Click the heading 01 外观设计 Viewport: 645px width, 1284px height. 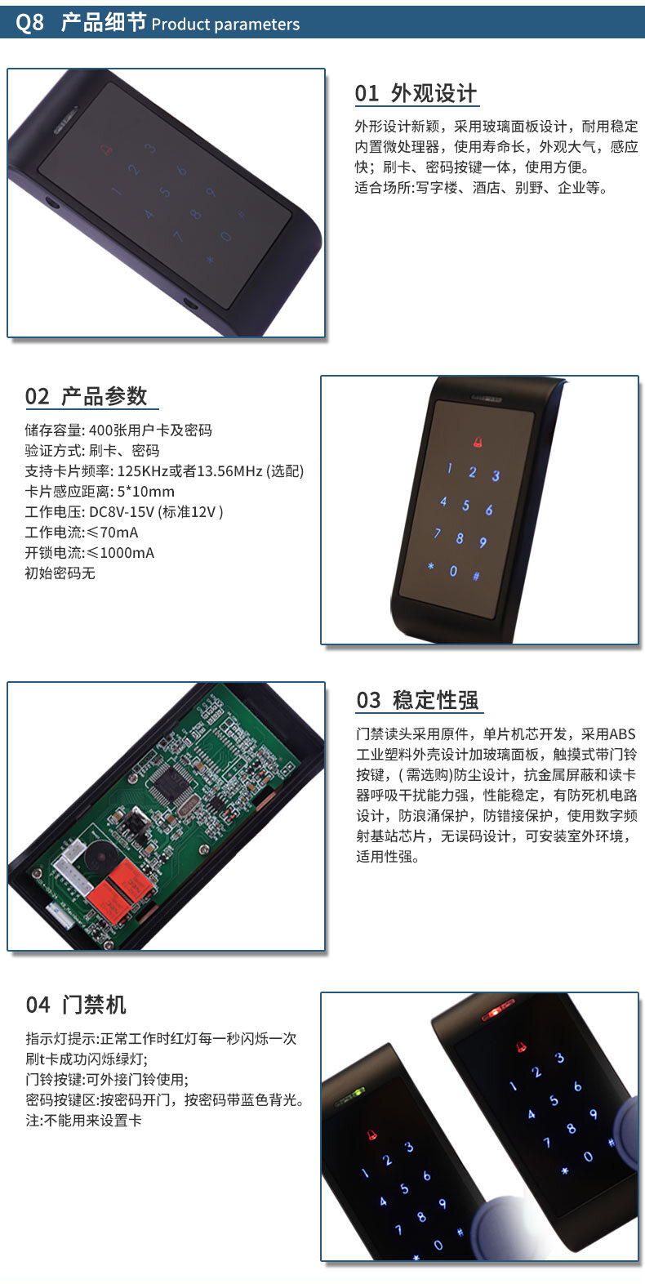(416, 93)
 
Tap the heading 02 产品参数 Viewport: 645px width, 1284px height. (86, 396)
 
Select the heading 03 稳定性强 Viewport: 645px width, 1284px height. (417, 700)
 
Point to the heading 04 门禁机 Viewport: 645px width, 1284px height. (76, 1005)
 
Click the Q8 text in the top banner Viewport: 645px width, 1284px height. (29, 23)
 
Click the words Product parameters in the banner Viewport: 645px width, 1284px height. (225, 24)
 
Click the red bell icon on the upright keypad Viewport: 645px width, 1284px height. (478, 442)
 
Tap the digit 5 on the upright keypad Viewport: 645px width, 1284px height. (465, 505)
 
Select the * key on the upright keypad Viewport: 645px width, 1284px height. (431, 566)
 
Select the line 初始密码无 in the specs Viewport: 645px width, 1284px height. (60, 573)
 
